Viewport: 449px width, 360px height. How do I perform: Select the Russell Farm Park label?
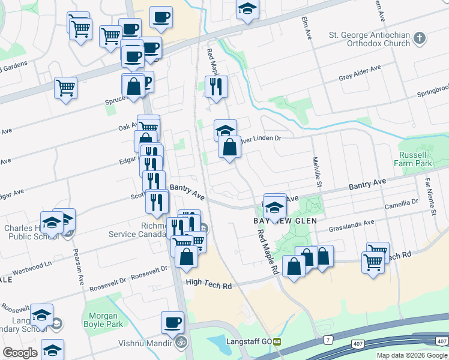(413, 158)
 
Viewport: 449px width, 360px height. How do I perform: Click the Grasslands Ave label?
(351, 225)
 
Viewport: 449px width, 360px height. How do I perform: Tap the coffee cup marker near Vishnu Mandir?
(172, 323)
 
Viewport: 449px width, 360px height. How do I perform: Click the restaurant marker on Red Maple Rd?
(216, 87)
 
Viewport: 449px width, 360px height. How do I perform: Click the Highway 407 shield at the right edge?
(441, 342)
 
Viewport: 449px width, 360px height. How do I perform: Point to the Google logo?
(20, 353)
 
